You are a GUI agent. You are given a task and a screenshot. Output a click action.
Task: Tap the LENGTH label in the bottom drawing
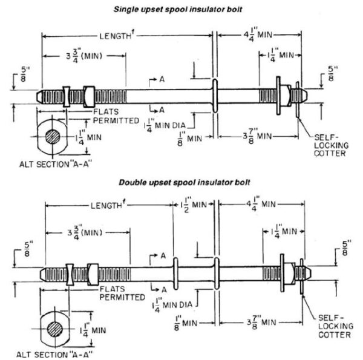click(x=106, y=205)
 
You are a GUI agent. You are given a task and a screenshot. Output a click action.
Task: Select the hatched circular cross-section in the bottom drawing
click(x=56, y=329)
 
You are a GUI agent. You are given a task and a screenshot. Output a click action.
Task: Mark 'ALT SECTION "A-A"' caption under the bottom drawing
click(x=54, y=355)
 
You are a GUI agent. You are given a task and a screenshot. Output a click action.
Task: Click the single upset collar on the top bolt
click(x=214, y=97)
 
